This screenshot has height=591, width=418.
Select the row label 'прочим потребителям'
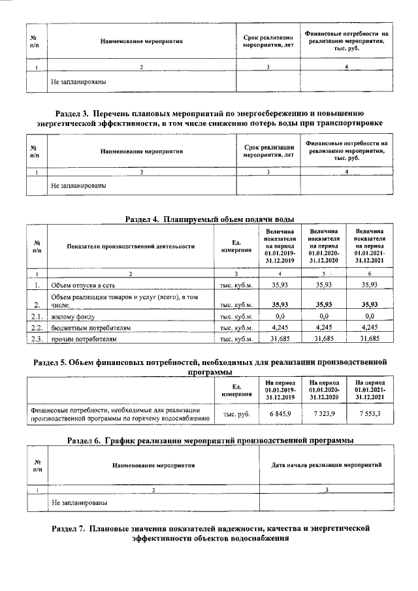pos(85,340)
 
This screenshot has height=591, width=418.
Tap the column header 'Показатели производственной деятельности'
pos(131,246)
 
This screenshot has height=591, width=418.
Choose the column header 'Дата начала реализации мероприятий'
pos(326,464)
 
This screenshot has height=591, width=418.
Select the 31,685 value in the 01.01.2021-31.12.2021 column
pos(370,340)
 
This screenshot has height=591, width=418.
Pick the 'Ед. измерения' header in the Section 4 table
pos(236,246)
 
